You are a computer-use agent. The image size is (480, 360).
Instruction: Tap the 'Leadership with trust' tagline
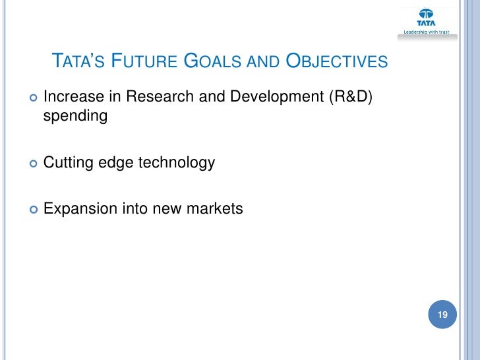tap(426, 32)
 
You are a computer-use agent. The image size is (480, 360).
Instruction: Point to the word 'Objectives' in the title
tap(336, 63)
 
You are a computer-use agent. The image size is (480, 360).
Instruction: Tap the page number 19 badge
tap(442, 315)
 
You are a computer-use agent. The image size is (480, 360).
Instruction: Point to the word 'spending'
tap(75, 118)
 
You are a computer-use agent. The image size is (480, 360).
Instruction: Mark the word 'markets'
tap(214, 209)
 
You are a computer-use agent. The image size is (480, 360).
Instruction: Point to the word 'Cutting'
tap(68, 163)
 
